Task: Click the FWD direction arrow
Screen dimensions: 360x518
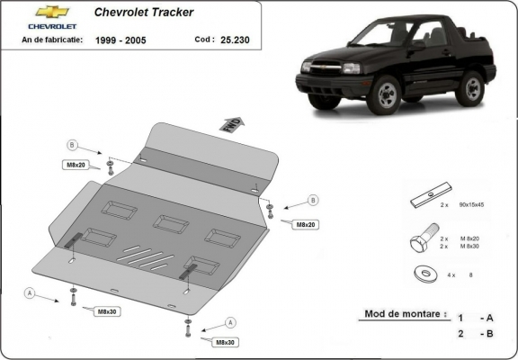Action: pyautogui.click(x=230, y=123)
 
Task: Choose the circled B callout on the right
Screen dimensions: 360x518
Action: pyautogui.click(x=313, y=199)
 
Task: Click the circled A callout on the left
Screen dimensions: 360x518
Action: pyautogui.click(x=31, y=293)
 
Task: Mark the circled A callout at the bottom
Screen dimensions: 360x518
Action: pyautogui.click(x=230, y=322)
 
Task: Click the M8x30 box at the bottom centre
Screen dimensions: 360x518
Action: pyautogui.click(x=225, y=343)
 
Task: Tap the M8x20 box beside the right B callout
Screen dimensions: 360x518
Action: pyautogui.click(x=306, y=223)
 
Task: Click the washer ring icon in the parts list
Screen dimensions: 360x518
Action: pyautogui.click(x=421, y=274)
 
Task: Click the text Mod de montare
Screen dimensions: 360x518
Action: pyautogui.click(x=405, y=314)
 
